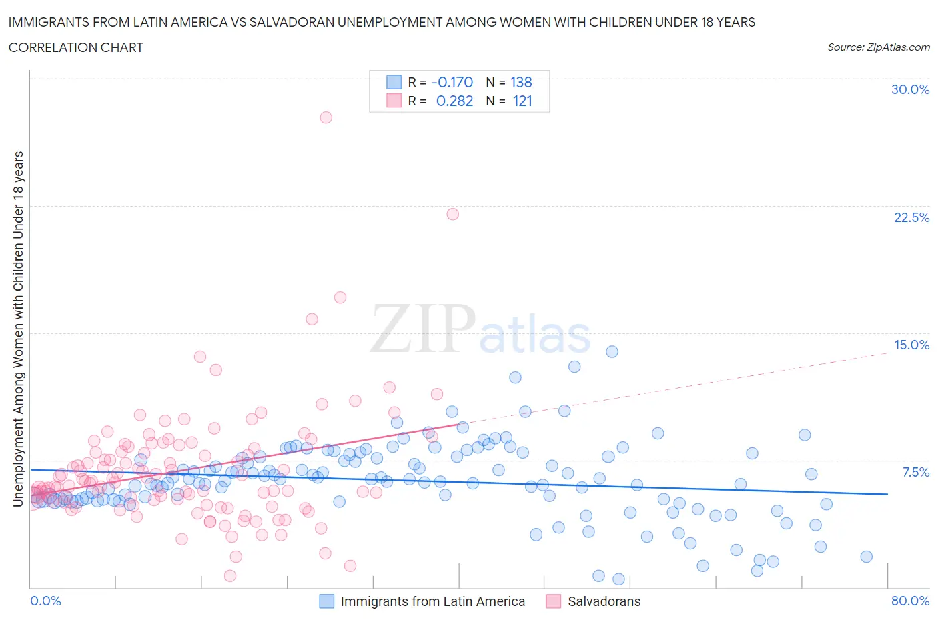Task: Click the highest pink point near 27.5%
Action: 326,117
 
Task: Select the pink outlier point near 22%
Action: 452,214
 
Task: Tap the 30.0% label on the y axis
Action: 910,89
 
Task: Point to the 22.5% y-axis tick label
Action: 911,217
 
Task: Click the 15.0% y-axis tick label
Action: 911,345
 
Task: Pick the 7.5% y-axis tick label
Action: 915,472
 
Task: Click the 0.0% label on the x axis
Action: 45,601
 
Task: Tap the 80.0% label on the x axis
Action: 910,601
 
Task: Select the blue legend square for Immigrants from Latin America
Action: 326,601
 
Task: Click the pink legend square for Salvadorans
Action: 553,601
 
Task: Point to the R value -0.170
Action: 452,82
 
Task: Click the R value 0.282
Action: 454,101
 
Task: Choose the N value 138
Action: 521,82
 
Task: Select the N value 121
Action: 522,101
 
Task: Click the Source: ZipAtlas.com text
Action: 878,47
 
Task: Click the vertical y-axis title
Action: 18,329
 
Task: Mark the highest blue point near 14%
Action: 612,351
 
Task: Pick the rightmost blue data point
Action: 866,557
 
